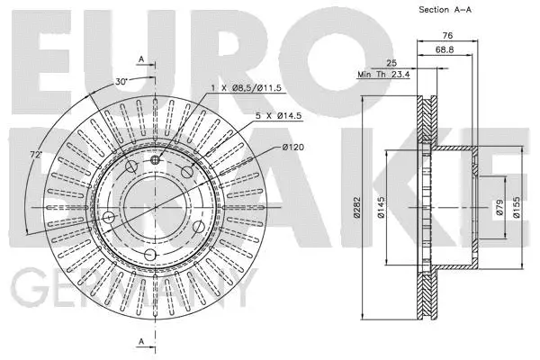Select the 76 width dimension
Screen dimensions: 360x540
[x=446, y=36]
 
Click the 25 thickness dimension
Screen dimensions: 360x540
[x=391, y=62]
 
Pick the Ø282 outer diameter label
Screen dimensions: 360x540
[x=358, y=208]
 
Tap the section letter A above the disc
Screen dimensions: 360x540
[x=141, y=58]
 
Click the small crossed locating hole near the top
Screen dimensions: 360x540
[x=155, y=159]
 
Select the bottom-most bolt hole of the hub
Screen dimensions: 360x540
[x=151, y=256]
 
